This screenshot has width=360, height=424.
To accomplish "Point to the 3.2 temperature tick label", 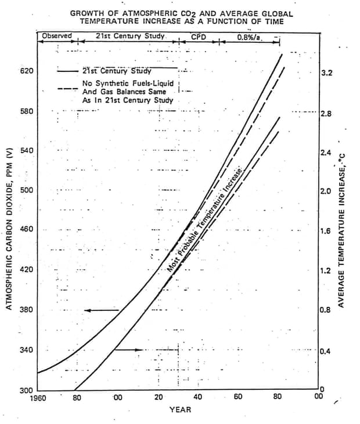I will [326, 74].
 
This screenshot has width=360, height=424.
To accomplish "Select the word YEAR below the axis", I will [180, 409].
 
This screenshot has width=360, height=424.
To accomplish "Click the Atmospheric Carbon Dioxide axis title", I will [10, 229].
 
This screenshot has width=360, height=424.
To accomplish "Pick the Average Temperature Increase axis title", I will [342, 229].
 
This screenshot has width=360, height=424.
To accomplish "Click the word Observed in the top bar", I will [56, 36].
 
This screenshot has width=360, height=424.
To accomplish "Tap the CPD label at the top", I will [199, 37].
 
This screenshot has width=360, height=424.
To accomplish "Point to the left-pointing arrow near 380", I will [102, 310].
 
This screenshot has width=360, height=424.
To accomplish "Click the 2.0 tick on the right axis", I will [326, 191].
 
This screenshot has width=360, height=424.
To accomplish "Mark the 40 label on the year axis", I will [199, 398].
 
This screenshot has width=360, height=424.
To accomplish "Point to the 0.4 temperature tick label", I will [326, 351].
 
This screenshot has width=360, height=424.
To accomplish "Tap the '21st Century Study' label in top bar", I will [131, 36].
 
